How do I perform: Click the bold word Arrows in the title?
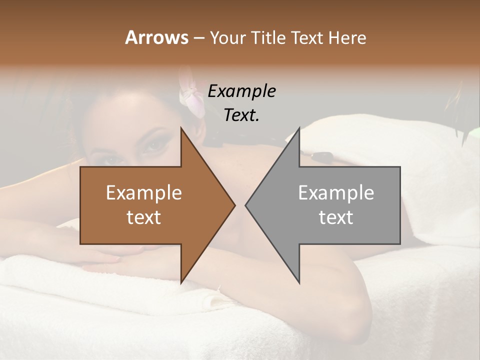coord(156,37)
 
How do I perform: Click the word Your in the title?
coord(226,37)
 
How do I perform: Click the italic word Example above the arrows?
coord(241,91)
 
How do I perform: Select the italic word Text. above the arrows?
coord(241,115)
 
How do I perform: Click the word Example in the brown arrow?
coord(144,192)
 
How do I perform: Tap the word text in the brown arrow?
coord(144,217)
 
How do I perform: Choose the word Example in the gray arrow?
coord(336,192)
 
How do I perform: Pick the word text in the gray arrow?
coord(336,217)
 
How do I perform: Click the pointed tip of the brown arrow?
coord(234,205)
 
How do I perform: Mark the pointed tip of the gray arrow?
coord(246,205)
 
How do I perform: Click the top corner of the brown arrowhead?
coord(181,128)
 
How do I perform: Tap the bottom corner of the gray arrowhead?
coord(299,282)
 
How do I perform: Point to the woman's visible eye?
coord(154,145)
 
